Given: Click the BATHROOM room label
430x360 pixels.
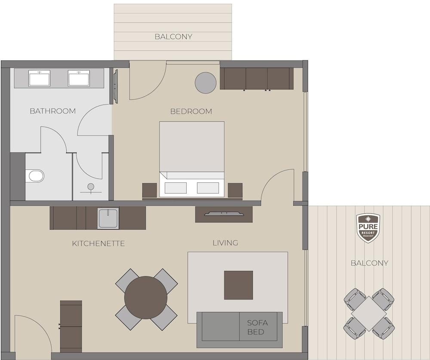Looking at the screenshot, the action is pyautogui.click(x=52, y=111).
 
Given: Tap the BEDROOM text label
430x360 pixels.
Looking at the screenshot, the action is pyautogui.click(x=191, y=111).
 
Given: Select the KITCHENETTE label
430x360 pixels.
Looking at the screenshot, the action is pyautogui.click(x=98, y=244).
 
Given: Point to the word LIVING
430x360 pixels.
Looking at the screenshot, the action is pyautogui.click(x=225, y=243).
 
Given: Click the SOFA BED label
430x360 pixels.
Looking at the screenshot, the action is pyautogui.click(x=257, y=327).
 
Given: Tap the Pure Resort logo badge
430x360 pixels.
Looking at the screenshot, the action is pyautogui.click(x=368, y=228).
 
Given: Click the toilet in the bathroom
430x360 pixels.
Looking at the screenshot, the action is pyautogui.click(x=35, y=176).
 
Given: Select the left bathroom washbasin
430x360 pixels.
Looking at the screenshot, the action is pyautogui.click(x=40, y=78).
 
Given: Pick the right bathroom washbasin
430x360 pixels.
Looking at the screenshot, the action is pyautogui.click(x=79, y=78).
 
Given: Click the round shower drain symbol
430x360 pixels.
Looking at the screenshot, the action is pyautogui.click(x=91, y=187).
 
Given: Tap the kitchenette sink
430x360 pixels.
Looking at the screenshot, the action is pyautogui.click(x=108, y=218).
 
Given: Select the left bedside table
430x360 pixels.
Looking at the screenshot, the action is pyautogui.click(x=150, y=191).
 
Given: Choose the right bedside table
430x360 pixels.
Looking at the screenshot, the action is pyautogui.click(x=235, y=191).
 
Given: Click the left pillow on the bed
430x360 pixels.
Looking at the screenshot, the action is pyautogui.click(x=176, y=188).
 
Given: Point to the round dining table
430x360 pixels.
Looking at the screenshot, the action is pyautogui.click(x=146, y=298).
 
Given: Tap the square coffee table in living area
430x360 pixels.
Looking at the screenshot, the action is pyautogui.click(x=239, y=285).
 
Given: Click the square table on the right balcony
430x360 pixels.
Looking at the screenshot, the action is pyautogui.click(x=369, y=314).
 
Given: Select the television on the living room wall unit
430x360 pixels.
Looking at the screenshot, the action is pyautogui.click(x=224, y=213).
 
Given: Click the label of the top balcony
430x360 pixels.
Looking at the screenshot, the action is pyautogui.click(x=173, y=37).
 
